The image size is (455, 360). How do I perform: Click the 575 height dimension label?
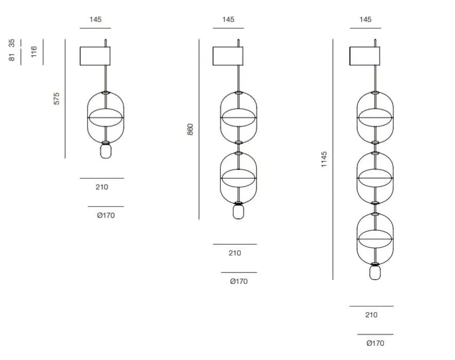[57, 98]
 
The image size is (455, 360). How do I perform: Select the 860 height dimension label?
[190, 129]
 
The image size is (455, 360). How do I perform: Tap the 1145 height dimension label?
[324, 159]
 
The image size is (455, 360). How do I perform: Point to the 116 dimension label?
[34, 52]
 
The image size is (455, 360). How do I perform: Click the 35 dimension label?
[12, 43]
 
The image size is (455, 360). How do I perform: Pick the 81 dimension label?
[12, 57]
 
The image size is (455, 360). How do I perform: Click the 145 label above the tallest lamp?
[365, 20]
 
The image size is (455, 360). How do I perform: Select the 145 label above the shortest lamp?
[95, 20]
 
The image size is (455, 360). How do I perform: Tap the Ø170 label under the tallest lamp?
[375, 343]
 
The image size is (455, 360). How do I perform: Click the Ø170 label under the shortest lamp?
[106, 215]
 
